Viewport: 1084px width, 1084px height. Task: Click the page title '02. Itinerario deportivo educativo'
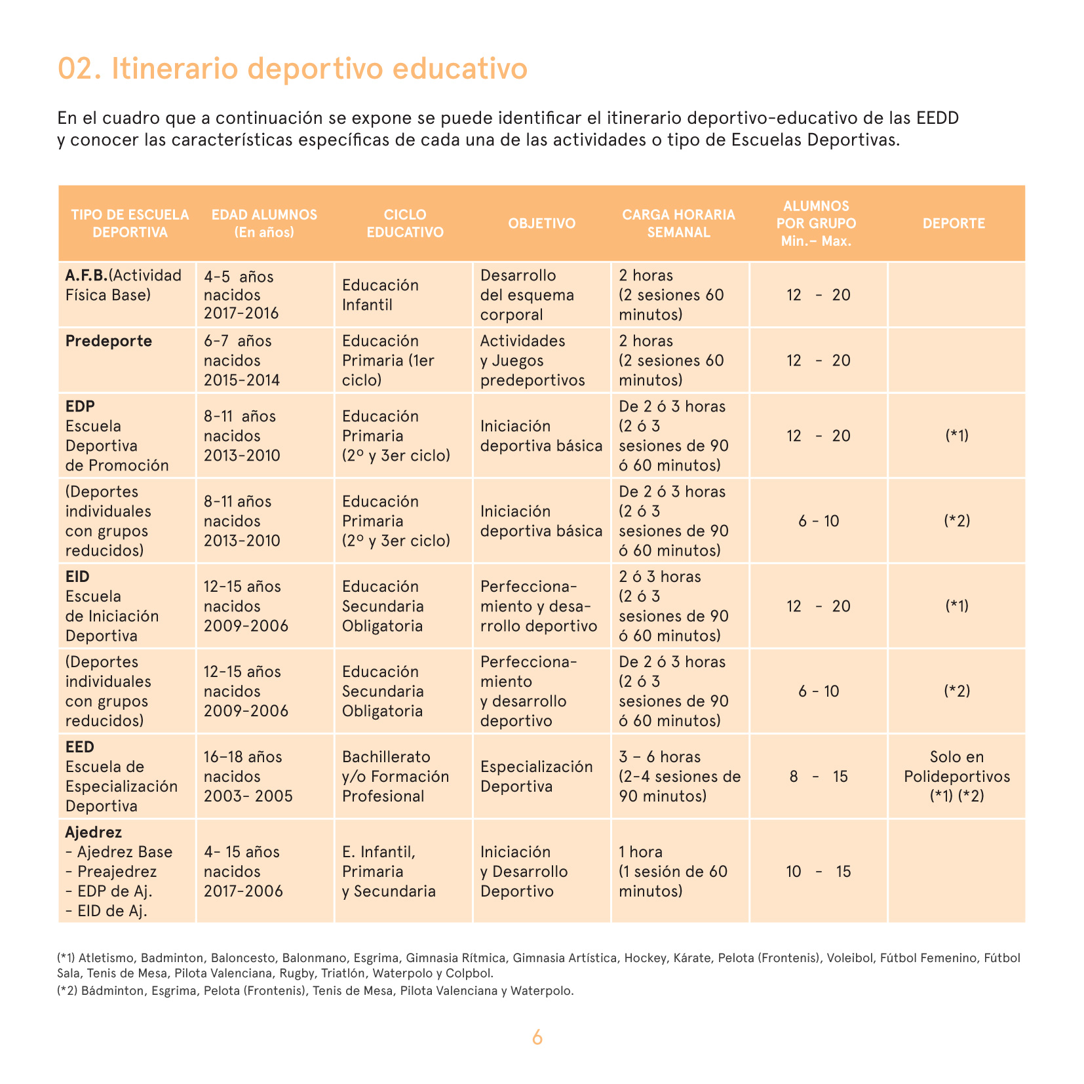292,69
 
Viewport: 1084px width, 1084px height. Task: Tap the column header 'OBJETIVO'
541,223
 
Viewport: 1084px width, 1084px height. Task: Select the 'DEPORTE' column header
954,223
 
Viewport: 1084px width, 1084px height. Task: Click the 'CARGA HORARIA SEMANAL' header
678,223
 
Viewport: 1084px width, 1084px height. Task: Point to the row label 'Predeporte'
109,341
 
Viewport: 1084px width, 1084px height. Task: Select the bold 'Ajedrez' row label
94,832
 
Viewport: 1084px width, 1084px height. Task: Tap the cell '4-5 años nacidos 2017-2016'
241,295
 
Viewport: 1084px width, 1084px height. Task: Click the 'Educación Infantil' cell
380,295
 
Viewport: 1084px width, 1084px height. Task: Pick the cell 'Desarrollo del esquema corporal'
527,295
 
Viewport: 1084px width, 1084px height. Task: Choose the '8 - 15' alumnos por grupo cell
819,777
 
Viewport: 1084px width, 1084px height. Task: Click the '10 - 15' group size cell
819,872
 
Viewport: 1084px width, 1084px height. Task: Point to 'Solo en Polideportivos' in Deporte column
957,767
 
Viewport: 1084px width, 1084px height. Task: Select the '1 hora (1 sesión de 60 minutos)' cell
673,872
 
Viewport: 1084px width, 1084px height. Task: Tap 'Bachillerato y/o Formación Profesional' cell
395,777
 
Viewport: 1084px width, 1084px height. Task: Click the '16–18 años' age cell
242,757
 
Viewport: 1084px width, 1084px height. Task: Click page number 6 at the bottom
537,1037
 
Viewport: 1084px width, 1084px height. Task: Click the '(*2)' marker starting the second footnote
68,991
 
